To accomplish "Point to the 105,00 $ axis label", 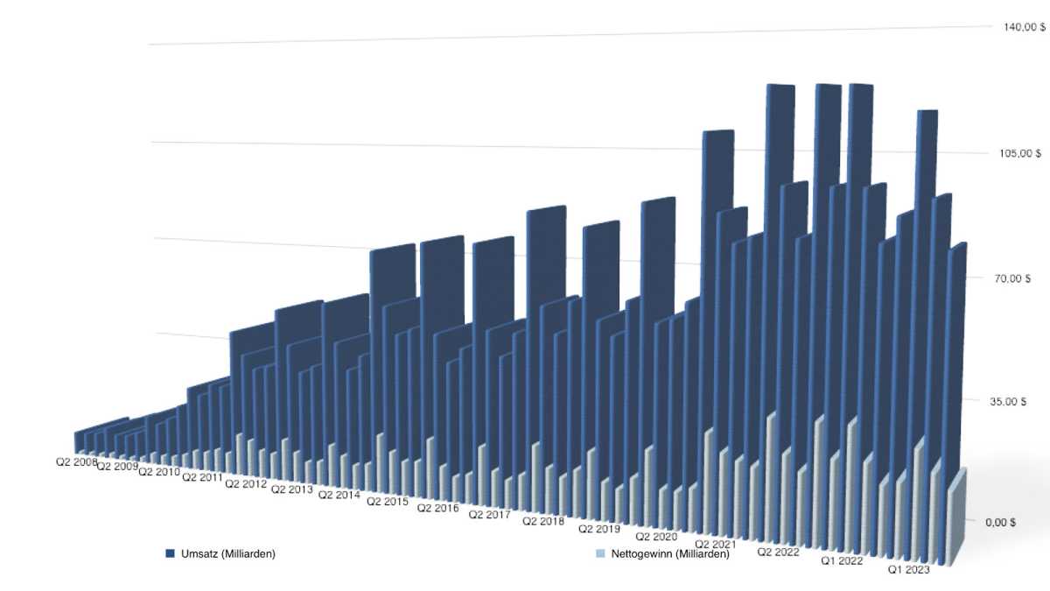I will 1020,153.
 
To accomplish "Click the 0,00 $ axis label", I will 1000,522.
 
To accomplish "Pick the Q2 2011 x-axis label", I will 201,478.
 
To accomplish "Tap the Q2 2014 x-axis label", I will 339,496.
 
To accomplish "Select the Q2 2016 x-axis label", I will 437,508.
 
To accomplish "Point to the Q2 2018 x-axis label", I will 543,522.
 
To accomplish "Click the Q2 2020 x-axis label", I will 656,536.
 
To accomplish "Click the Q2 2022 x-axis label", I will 779,552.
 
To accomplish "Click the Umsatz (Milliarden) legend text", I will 228,554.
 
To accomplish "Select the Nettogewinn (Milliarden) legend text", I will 670,554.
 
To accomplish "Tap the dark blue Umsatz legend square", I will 171,554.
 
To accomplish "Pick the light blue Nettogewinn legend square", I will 599,554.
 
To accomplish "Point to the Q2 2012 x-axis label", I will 246,483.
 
